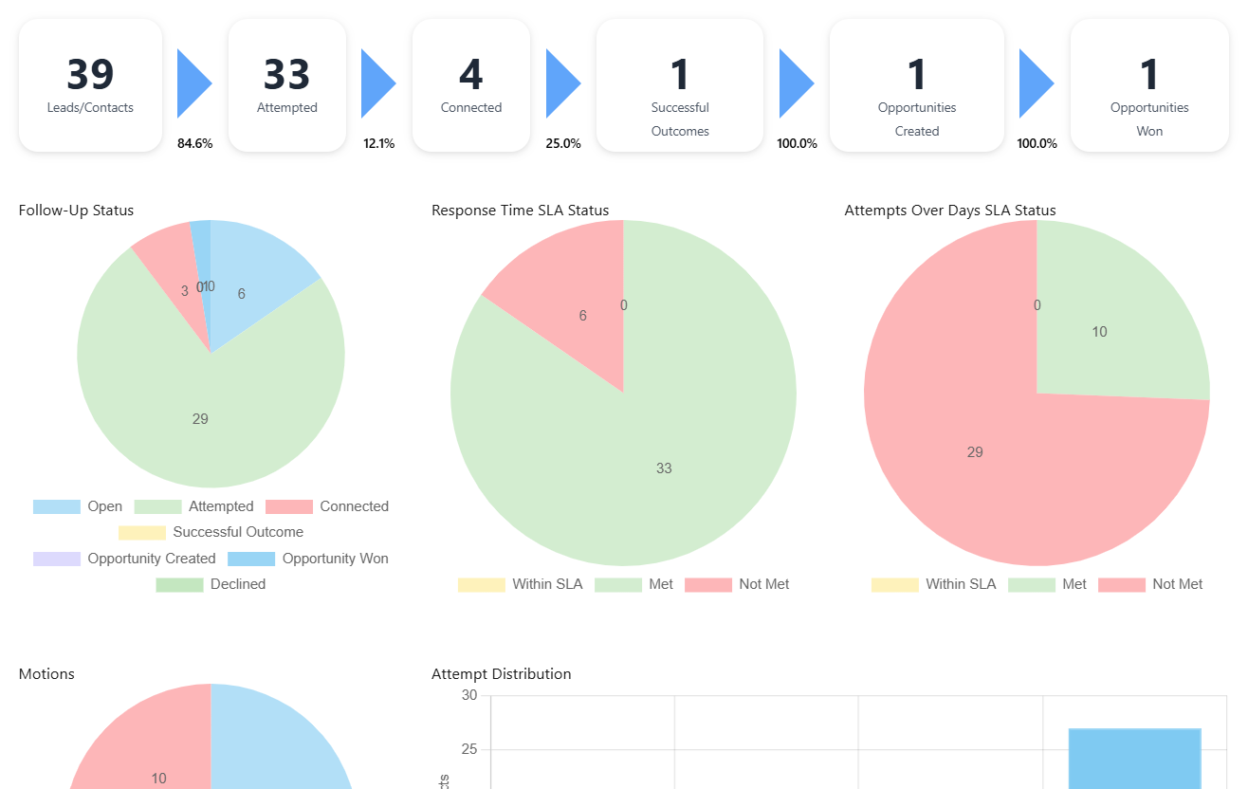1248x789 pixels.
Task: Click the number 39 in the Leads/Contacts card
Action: (90, 75)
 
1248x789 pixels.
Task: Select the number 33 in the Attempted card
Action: (286, 75)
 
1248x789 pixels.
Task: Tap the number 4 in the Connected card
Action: (470, 75)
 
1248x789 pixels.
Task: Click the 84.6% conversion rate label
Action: (194, 144)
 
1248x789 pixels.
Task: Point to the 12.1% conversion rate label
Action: (378, 144)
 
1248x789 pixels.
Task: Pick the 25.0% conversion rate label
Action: (563, 144)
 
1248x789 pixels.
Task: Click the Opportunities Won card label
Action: (1149, 119)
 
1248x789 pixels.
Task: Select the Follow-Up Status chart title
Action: (76, 211)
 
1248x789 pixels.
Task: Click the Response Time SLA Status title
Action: (520, 211)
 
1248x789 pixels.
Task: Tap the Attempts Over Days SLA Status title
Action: (949, 211)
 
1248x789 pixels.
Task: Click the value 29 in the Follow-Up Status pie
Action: (200, 419)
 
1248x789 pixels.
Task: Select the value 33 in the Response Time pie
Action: (664, 468)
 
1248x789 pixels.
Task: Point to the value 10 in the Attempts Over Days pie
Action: (1099, 332)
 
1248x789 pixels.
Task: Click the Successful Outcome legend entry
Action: (211, 533)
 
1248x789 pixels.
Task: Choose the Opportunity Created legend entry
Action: (124, 559)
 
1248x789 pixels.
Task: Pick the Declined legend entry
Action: (211, 584)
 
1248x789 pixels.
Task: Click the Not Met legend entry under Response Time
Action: (737, 584)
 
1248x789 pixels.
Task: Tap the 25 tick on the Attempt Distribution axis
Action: (469, 750)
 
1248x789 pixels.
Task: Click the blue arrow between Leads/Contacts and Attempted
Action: (193, 83)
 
